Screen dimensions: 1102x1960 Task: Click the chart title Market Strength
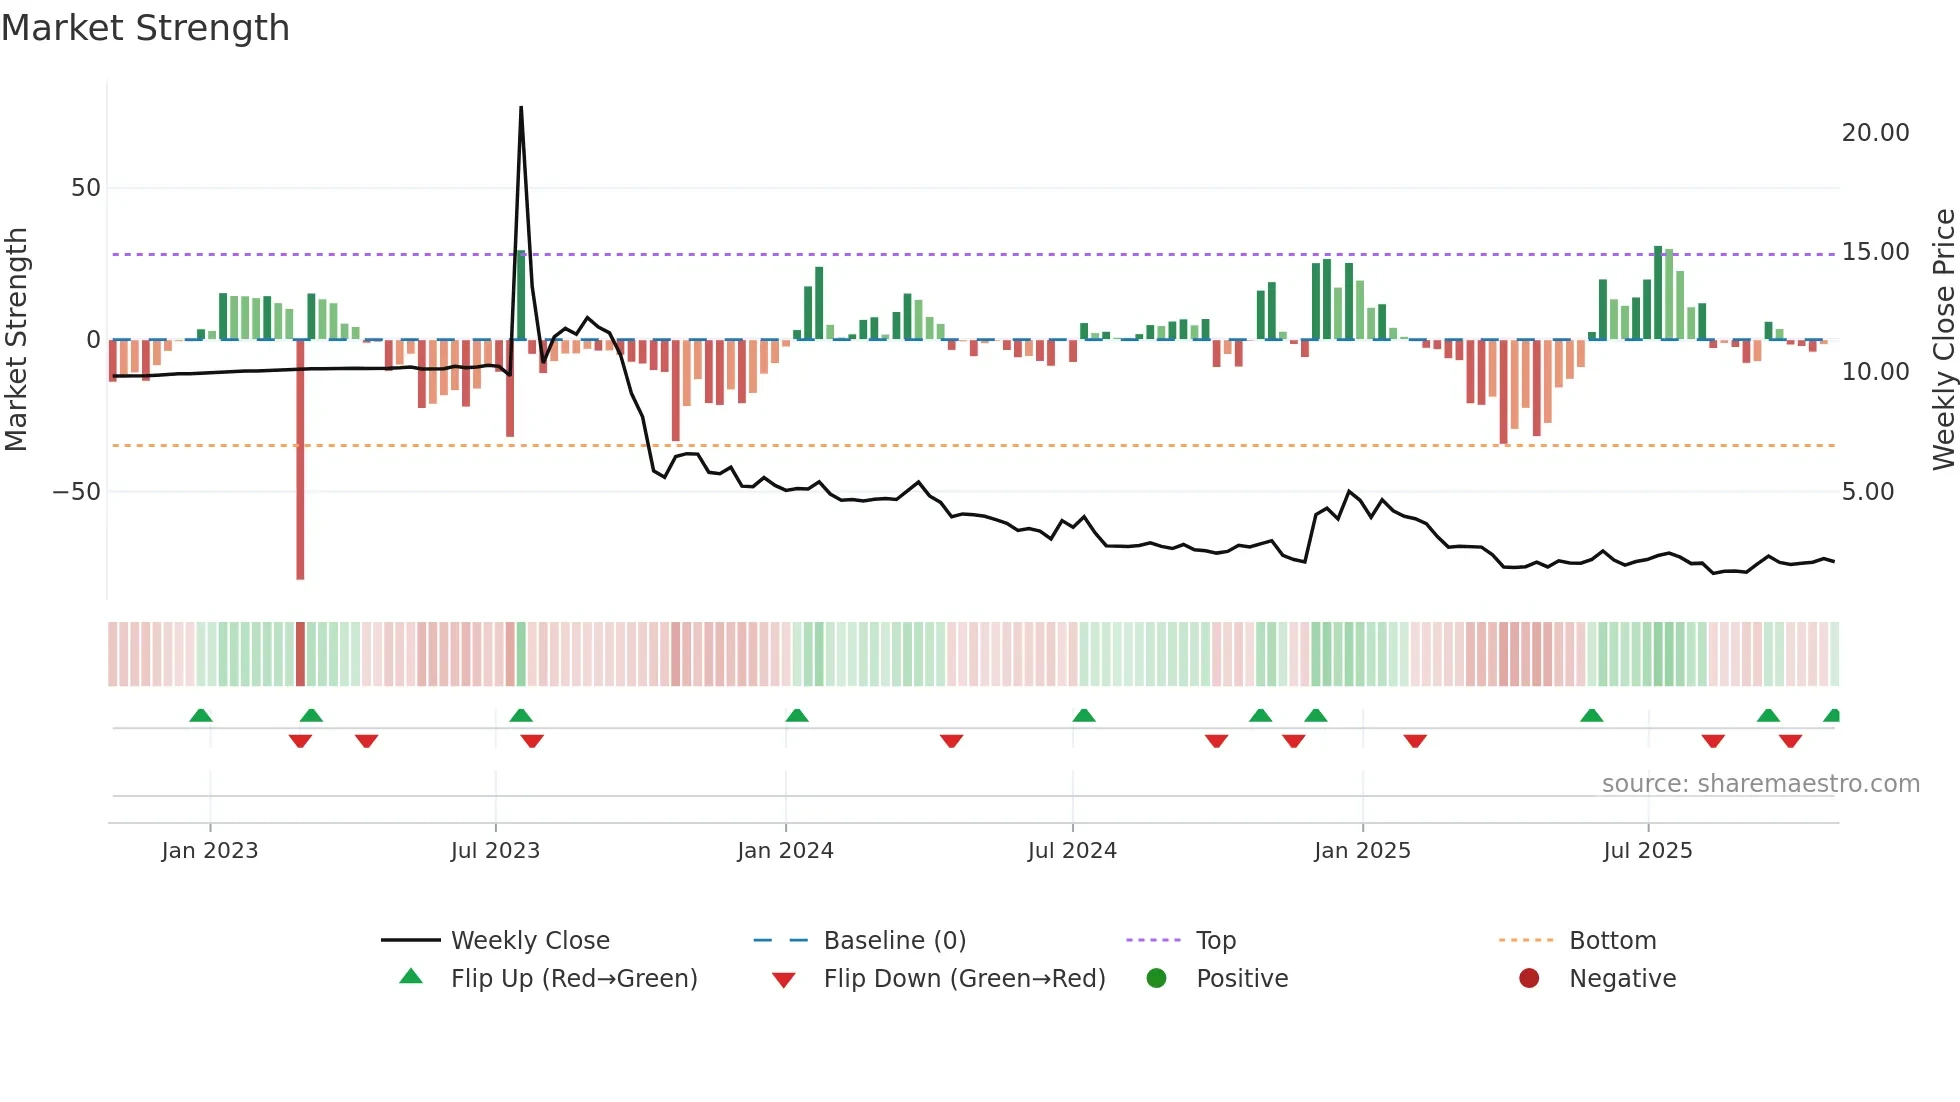tap(145, 28)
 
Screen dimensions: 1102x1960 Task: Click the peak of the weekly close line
tap(521, 108)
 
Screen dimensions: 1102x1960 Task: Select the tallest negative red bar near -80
tap(300, 460)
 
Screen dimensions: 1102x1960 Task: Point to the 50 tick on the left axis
tap(86, 188)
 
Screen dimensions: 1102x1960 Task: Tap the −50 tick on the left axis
tap(77, 492)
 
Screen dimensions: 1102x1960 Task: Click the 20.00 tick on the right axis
tap(1875, 133)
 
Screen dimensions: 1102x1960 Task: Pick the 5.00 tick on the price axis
tap(1867, 492)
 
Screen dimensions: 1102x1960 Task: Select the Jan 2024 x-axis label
tap(785, 851)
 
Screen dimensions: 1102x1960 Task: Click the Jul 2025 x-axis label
tap(1647, 851)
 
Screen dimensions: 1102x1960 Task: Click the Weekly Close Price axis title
tap(1943, 340)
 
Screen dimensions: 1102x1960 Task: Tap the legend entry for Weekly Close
tap(530, 941)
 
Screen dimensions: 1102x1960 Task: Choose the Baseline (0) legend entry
tap(894, 941)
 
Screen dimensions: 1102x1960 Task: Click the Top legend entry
tap(1216, 941)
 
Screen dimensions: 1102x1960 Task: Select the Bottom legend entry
tap(1612, 941)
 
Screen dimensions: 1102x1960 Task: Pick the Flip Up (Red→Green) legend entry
tap(573, 979)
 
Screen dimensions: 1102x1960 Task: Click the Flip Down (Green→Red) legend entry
tap(964, 979)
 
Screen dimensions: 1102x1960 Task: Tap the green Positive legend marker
tap(1157, 979)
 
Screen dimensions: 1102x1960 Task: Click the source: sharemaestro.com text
tap(1760, 784)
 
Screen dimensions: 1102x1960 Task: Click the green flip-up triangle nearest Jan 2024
tap(797, 715)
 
